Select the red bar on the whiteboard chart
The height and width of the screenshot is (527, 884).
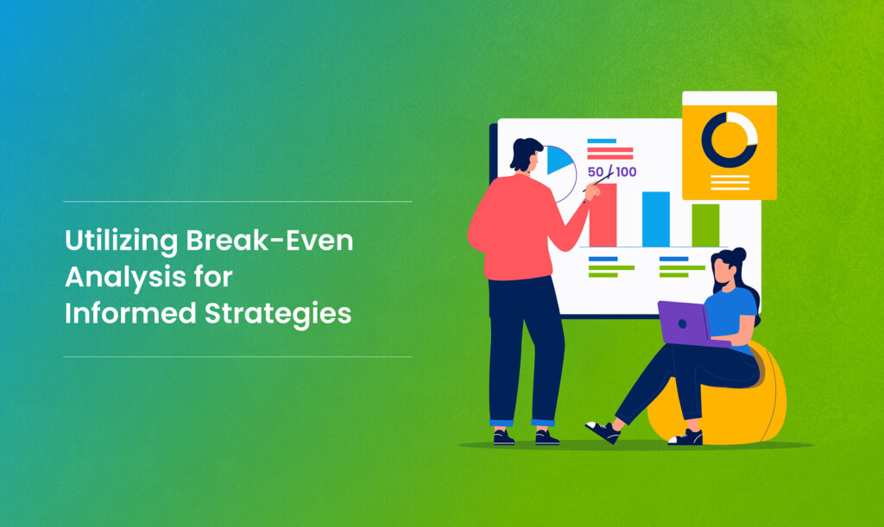(603, 216)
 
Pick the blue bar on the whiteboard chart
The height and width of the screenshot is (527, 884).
(655, 219)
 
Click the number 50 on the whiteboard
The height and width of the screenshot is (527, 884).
(596, 172)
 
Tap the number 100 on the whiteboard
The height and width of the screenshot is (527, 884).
(626, 172)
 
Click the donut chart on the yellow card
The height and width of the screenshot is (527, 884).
(729, 140)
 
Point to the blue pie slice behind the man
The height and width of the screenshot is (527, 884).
(559, 162)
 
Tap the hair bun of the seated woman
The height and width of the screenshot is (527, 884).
(739, 254)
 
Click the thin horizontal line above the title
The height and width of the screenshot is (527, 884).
(237, 202)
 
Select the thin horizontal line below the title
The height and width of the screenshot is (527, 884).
(237, 356)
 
